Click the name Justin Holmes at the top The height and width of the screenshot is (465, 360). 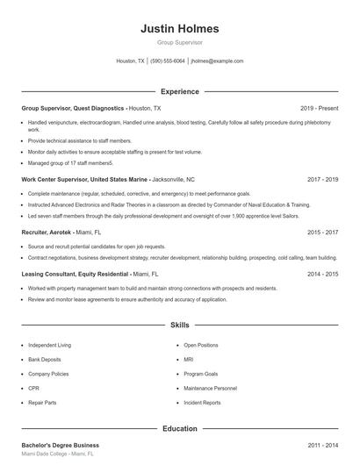tap(179, 28)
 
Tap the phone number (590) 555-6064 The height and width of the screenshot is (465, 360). tap(168, 61)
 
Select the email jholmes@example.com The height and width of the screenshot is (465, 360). tap(217, 61)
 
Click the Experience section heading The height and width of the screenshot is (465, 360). tap(179, 91)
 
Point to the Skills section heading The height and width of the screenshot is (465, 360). tap(179, 325)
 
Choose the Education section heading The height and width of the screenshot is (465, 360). tap(179, 429)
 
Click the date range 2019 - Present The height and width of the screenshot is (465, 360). tap(319, 107)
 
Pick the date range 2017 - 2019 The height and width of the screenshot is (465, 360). tap(322, 179)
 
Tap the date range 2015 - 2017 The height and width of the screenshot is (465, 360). tap(322, 232)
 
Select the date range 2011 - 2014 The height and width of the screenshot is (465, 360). tap(322, 446)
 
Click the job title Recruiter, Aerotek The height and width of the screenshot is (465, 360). tap(44, 232)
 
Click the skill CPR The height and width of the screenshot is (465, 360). tap(34, 388)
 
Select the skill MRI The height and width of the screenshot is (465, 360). tap(189, 359)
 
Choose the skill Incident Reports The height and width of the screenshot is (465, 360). tap(202, 402)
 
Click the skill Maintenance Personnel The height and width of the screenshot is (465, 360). tap(210, 388)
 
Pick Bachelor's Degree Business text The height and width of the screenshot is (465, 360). tap(60, 446)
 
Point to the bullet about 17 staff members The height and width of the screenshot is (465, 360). tap(70, 162)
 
